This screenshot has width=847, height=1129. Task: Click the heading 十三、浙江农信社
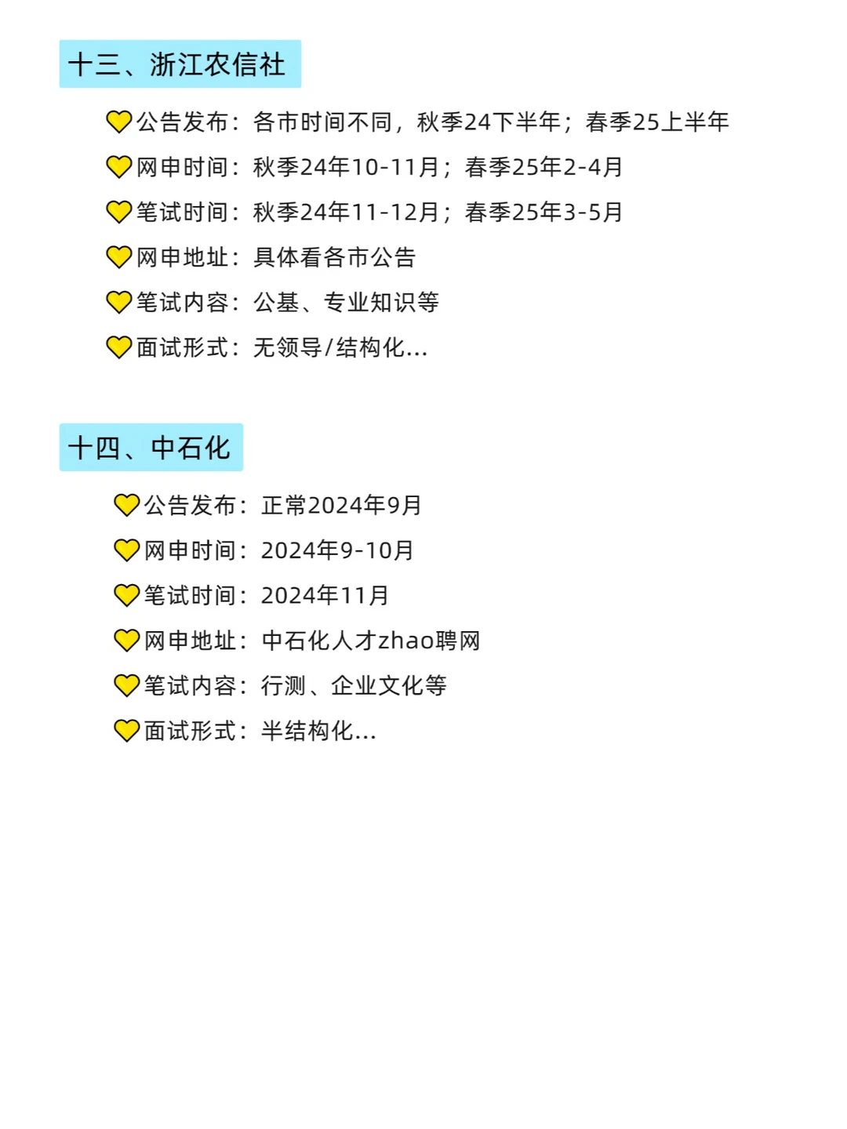pyautogui.click(x=180, y=64)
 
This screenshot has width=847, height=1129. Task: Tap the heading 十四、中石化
pyautogui.click(x=151, y=448)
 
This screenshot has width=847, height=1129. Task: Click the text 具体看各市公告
pyautogui.click(x=334, y=257)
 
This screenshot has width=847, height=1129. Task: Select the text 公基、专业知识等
pyautogui.click(x=346, y=303)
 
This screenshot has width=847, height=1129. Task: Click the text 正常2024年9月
pyautogui.click(x=341, y=506)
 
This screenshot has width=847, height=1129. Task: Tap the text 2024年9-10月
pyautogui.click(x=337, y=550)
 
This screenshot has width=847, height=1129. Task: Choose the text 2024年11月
pyautogui.click(x=325, y=596)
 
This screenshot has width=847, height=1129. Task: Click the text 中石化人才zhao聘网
pyautogui.click(x=370, y=641)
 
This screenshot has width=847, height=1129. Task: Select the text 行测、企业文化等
pyautogui.click(x=354, y=686)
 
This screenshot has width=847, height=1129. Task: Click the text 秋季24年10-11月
pyautogui.click(x=346, y=167)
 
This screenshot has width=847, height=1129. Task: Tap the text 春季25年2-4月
pyautogui.click(x=543, y=167)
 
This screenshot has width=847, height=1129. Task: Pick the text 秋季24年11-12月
pyautogui.click(x=346, y=212)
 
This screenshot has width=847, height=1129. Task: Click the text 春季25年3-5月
pyautogui.click(x=543, y=212)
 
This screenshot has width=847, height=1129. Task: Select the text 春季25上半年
pyautogui.click(x=657, y=122)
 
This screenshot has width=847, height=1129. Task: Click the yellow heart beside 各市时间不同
pyautogui.click(x=119, y=122)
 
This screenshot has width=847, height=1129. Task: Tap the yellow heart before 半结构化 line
pyautogui.click(x=126, y=731)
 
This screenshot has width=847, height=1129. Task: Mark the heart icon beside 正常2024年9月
pyautogui.click(x=126, y=506)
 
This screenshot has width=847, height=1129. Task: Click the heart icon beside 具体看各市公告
pyautogui.click(x=119, y=257)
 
